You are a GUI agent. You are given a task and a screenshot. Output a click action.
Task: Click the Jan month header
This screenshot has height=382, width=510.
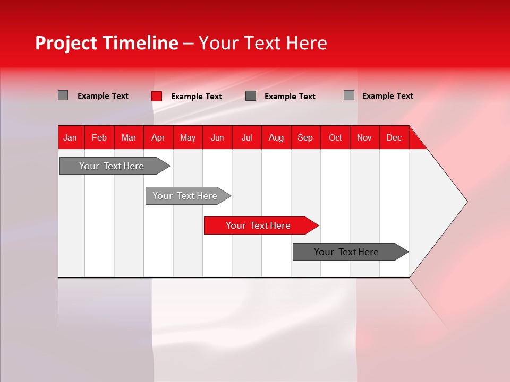pos(70,137)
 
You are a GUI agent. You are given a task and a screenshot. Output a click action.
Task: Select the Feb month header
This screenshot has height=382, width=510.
pos(99,137)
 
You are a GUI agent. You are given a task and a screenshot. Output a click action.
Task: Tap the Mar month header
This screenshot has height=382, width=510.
pos(129,137)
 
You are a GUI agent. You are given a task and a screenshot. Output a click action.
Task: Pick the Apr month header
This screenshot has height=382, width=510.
pos(158,137)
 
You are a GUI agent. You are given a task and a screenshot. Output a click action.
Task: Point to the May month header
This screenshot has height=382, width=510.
pos(188,137)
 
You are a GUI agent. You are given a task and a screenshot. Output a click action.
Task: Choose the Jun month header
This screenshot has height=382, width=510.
pos(217,137)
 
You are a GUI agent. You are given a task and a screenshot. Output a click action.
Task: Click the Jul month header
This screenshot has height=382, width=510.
pos(246,137)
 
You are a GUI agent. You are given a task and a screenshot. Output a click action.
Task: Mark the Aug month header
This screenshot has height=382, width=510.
pos(276,137)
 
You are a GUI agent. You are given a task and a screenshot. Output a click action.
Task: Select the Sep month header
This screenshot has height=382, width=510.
pos(305,137)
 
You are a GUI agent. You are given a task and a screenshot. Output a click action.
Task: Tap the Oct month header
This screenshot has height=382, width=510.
pos(335,137)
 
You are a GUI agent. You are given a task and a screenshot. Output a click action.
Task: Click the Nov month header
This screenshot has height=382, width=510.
pos(364,137)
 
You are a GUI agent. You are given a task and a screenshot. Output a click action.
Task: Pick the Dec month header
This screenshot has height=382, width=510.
pos(394,137)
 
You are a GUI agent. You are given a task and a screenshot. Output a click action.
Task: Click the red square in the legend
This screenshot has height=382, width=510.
pos(156,96)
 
